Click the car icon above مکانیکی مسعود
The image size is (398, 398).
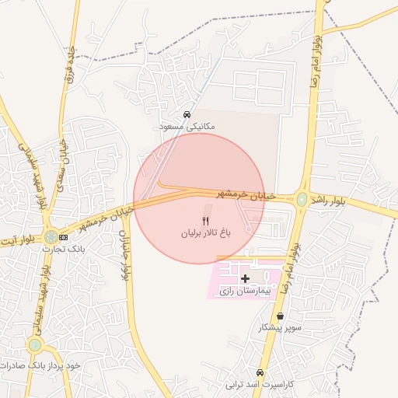(x=187, y=115)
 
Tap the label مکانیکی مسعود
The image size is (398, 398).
(x=187, y=126)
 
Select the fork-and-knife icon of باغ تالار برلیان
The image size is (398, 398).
(x=205, y=222)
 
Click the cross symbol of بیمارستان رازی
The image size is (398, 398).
(x=246, y=278)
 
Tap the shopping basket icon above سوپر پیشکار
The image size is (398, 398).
(x=280, y=316)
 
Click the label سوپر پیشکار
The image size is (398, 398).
(x=280, y=328)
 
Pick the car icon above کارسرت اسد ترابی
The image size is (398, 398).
(x=260, y=372)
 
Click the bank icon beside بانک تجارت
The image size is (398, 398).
(x=64, y=237)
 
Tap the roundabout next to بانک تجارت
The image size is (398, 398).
(x=51, y=236)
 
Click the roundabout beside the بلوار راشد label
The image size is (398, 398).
(x=302, y=200)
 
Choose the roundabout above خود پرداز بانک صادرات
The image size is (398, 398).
(x=35, y=345)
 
